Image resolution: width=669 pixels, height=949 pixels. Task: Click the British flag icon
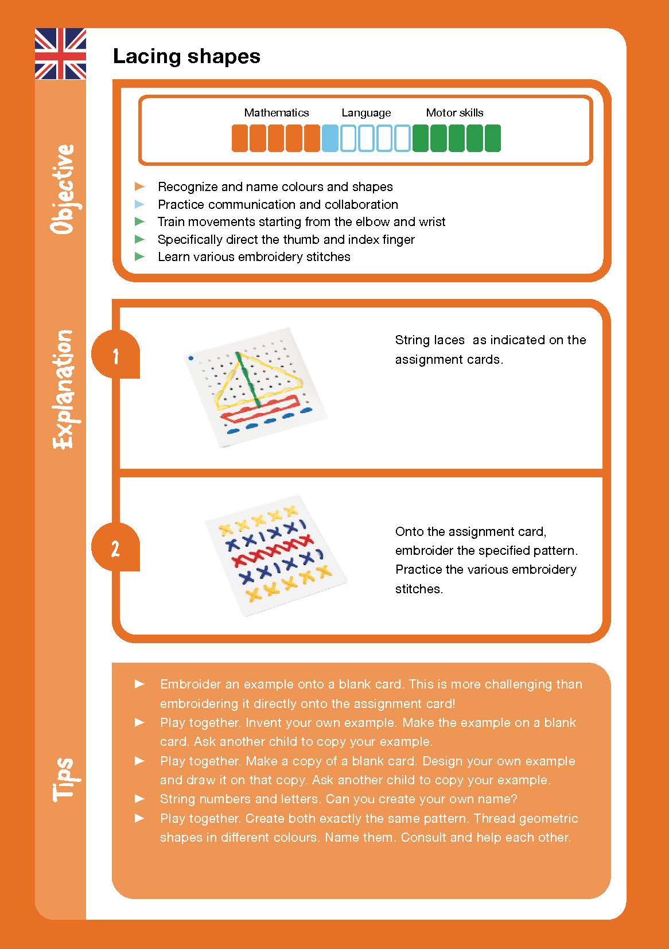[x=60, y=54]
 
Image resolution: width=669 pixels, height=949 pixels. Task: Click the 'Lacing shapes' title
[x=186, y=56]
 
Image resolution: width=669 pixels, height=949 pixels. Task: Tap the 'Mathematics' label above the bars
[x=276, y=112]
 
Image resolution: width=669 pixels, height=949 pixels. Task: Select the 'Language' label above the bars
[x=366, y=112]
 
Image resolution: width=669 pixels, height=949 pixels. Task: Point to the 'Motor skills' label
[x=454, y=112]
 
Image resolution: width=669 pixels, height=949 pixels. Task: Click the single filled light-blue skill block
[x=330, y=138]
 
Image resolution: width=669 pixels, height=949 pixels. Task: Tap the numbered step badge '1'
[x=116, y=356]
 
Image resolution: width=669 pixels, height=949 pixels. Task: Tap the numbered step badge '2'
[x=116, y=549]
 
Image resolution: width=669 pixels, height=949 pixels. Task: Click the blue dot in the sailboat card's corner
[x=191, y=359]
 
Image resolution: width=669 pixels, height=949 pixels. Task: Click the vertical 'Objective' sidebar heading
[x=63, y=189]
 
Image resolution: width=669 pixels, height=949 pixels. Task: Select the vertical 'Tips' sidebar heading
[x=63, y=779]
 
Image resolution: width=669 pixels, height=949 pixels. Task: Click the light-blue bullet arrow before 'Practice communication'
[x=139, y=204]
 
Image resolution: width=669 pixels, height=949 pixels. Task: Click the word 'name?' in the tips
[x=497, y=799]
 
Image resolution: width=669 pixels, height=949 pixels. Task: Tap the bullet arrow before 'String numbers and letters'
[x=139, y=798]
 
